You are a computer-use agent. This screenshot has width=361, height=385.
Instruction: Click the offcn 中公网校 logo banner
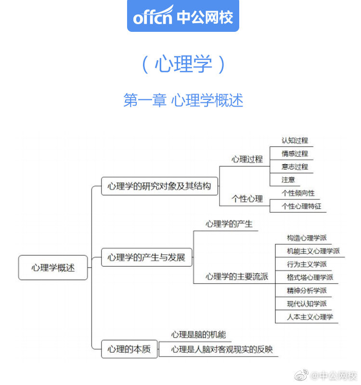(183, 16)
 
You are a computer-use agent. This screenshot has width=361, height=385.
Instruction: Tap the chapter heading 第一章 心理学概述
(183, 100)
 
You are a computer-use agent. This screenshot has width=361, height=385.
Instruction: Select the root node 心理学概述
(53, 268)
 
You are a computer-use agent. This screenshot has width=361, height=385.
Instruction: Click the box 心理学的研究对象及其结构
(159, 186)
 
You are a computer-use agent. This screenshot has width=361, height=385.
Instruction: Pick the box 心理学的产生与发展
(146, 257)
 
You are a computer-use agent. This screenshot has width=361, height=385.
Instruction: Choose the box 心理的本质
(129, 349)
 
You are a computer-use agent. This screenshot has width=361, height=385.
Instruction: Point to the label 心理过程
(247, 159)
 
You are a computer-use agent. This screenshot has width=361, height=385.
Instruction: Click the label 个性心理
(247, 198)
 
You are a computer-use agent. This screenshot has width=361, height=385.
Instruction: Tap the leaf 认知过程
(295, 140)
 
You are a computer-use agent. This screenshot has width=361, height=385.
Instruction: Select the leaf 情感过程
(295, 153)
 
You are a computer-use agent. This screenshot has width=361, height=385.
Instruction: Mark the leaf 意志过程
(295, 166)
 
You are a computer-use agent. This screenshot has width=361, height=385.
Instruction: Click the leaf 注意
(288, 179)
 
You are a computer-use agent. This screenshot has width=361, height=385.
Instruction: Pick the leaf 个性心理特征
(301, 206)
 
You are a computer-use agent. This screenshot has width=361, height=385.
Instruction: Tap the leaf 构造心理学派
(307, 238)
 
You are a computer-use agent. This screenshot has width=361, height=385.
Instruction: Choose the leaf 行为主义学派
(307, 264)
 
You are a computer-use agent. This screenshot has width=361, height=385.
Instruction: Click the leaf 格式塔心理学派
(309, 277)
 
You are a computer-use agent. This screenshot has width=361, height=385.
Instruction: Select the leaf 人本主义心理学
(309, 317)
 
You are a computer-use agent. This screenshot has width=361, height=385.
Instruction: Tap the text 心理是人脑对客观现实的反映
(222, 349)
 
